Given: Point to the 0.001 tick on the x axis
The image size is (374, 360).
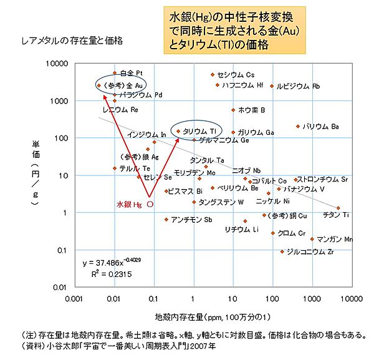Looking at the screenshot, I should point(74,299).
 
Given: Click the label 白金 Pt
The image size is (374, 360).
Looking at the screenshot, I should point(132,74).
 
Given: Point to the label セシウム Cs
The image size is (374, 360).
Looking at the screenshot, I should point(236,75).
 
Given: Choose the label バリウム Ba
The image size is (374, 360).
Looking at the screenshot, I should point(320,127).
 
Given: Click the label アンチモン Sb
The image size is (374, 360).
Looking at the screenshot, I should point(191,220).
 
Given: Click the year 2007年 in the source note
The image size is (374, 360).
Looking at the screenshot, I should point(205,346).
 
